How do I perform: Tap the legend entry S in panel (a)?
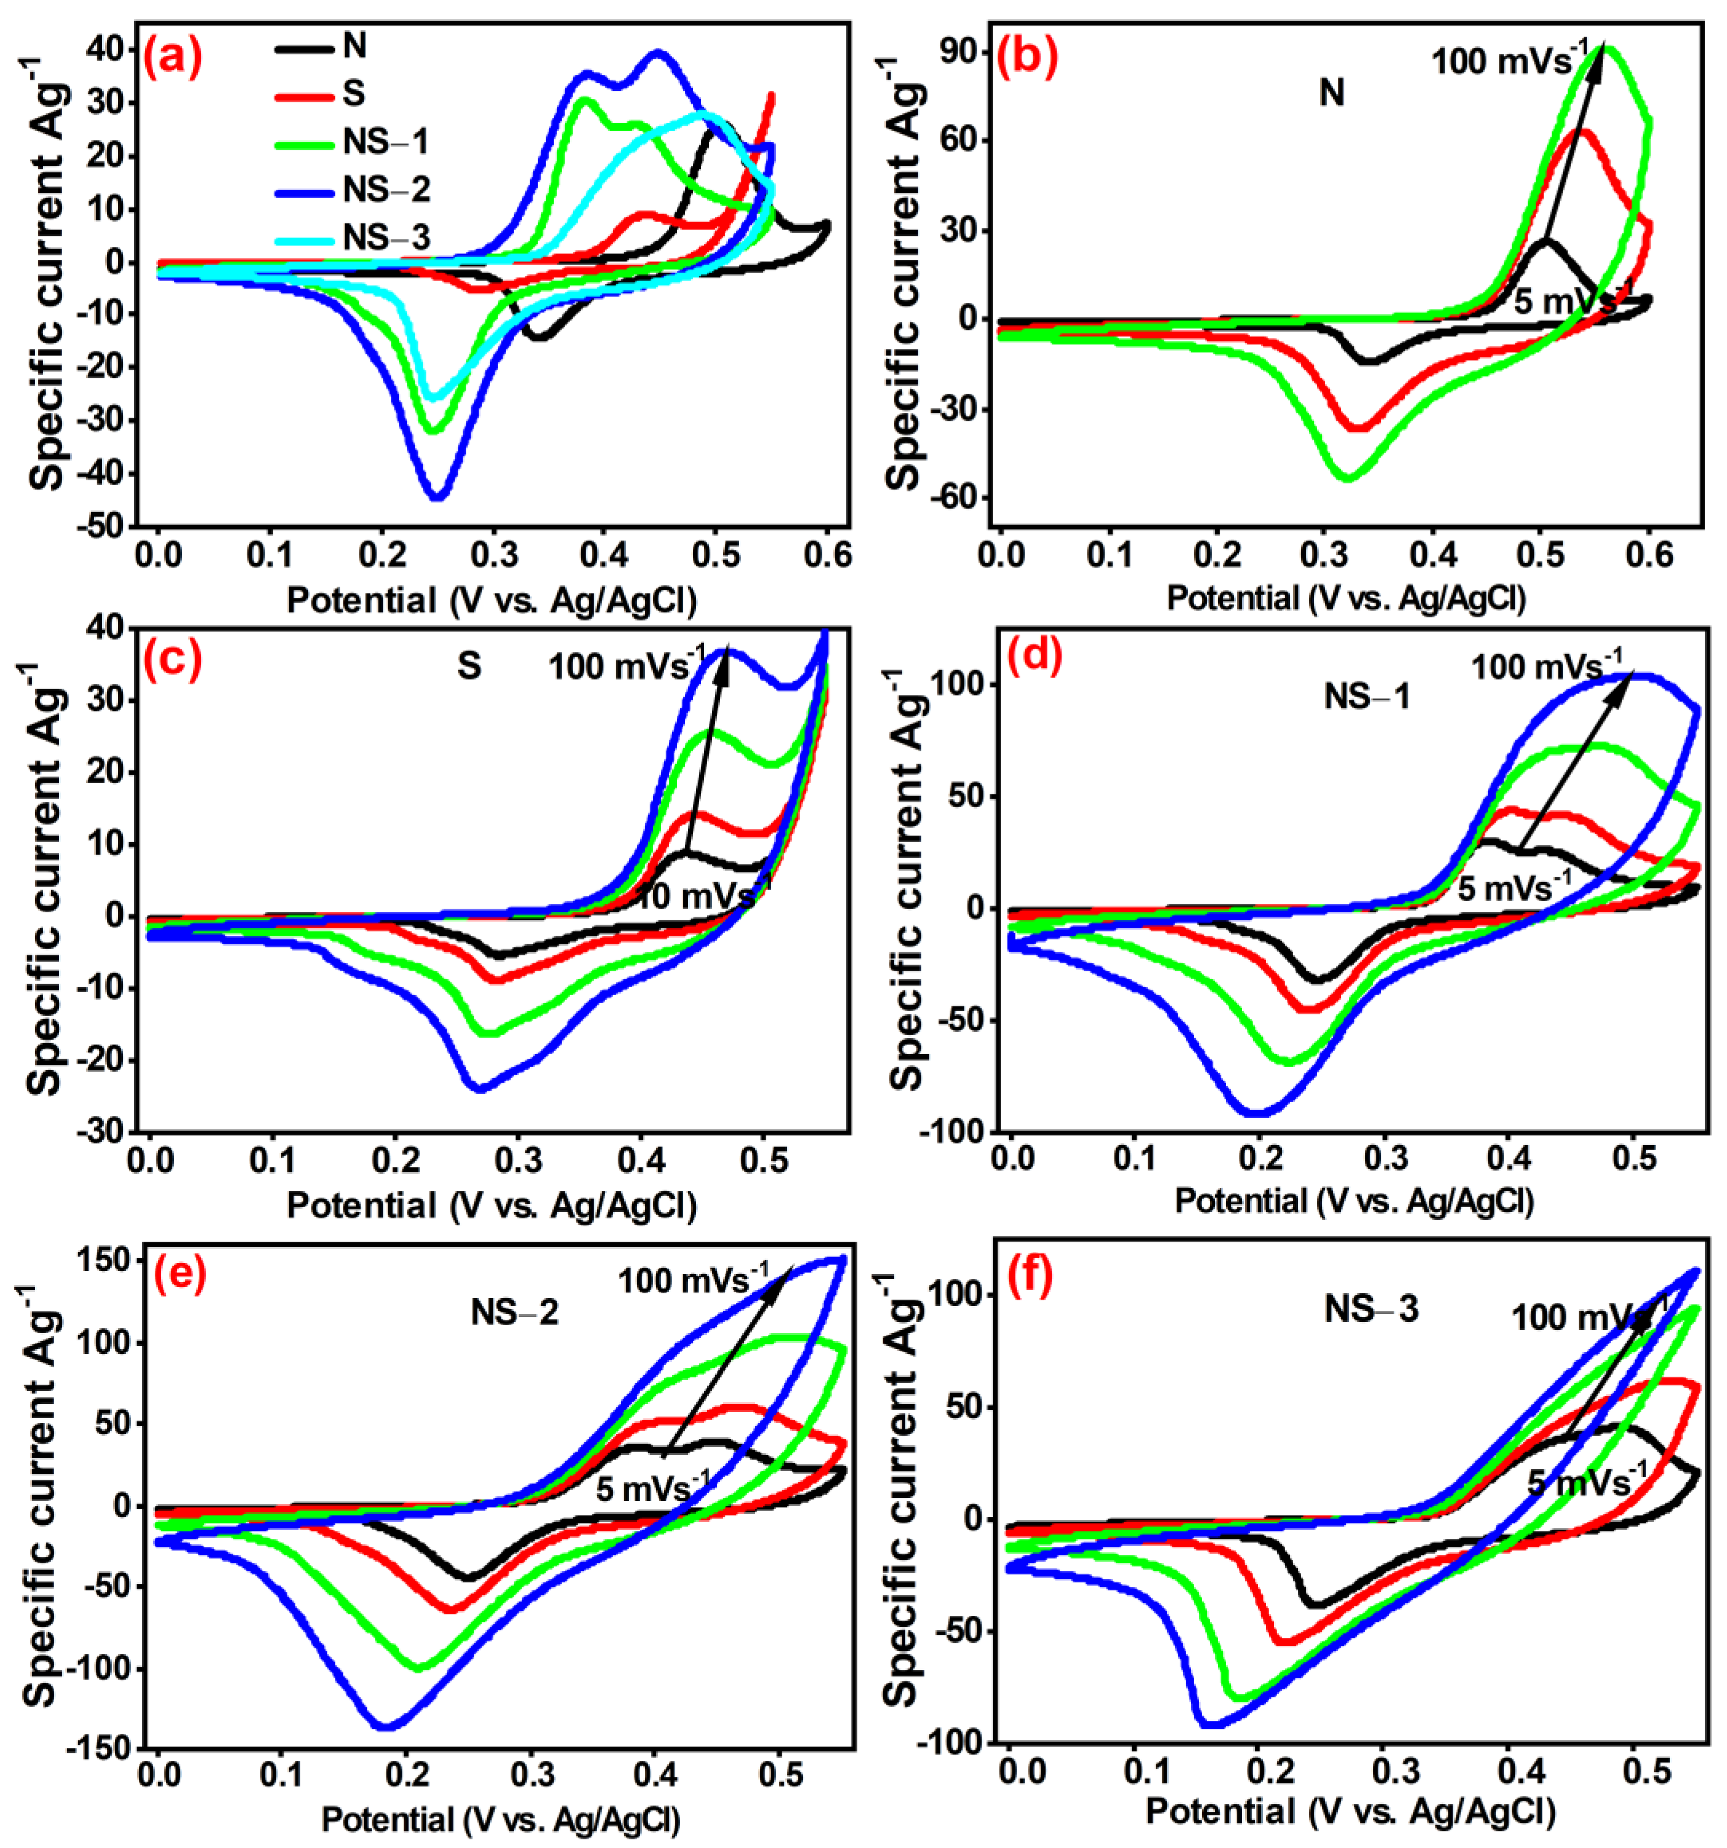(354, 93)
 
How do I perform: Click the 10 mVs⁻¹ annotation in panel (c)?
(703, 896)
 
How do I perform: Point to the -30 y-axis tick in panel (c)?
(102, 1131)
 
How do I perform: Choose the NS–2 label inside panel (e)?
(514, 1312)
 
